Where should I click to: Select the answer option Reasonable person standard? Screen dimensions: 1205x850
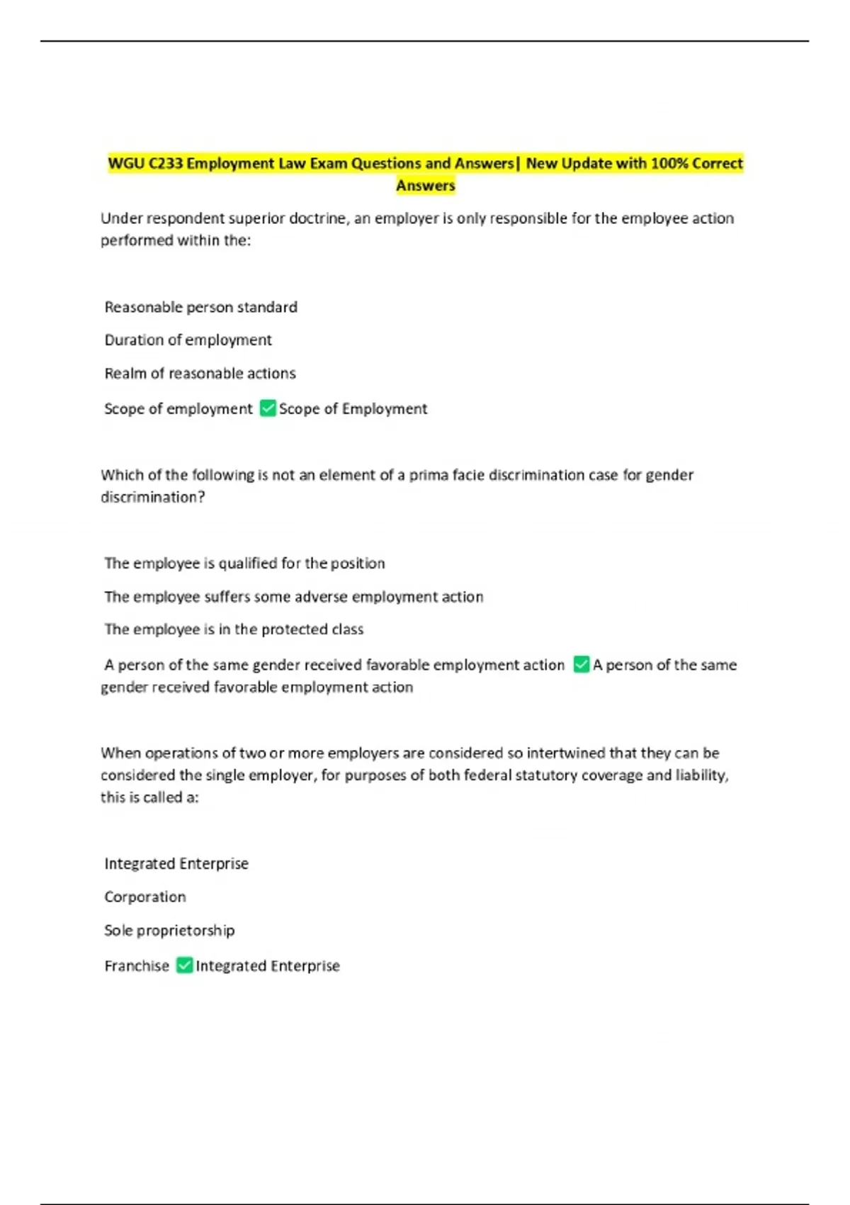[x=200, y=307]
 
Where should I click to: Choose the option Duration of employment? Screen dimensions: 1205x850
[x=188, y=340]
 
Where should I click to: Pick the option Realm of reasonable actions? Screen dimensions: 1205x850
[x=200, y=374]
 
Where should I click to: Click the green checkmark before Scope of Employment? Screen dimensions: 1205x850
[x=268, y=408]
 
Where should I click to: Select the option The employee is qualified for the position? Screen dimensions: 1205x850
[x=244, y=564]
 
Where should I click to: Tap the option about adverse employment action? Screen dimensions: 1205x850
[x=293, y=597]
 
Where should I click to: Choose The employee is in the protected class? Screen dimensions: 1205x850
[x=234, y=629]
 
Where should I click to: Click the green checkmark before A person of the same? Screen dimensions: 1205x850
[x=582, y=665]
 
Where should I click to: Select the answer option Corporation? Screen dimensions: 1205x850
[x=145, y=897]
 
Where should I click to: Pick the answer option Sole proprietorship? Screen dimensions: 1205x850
[x=169, y=931]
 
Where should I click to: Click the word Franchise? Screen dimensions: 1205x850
[x=137, y=966]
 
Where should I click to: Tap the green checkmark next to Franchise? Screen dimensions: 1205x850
[x=184, y=965]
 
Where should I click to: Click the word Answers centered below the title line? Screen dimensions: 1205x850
[x=425, y=186]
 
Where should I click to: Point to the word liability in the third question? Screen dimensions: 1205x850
[x=701, y=775]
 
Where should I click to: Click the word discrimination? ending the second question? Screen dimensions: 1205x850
[x=153, y=498]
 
